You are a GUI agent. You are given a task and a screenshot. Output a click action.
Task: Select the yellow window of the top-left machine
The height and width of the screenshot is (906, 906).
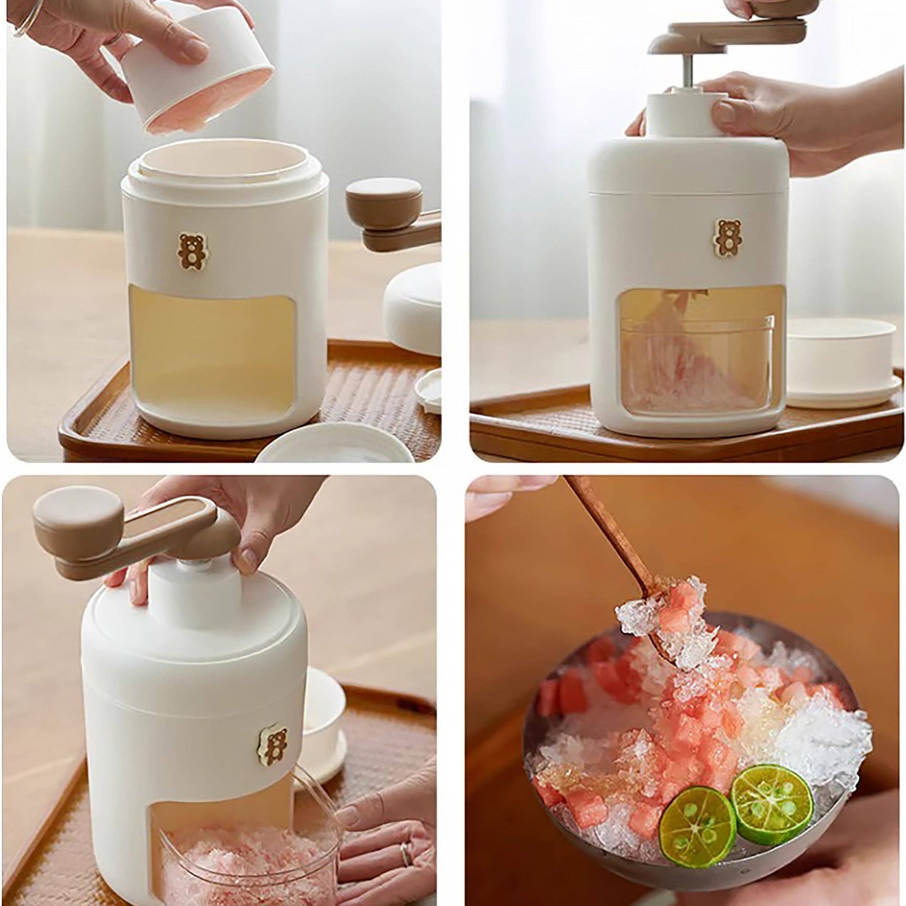211,345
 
